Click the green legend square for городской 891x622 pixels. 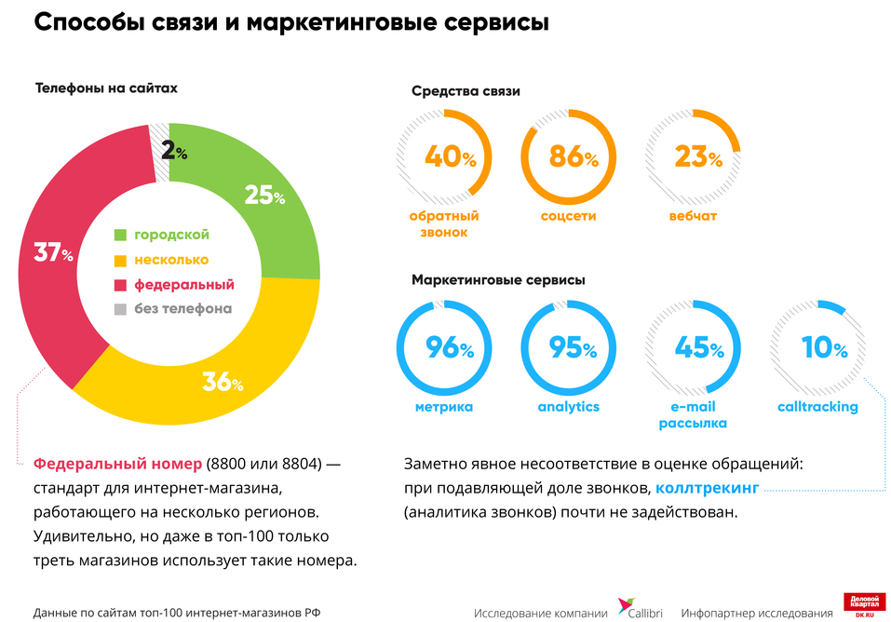[x=119, y=235]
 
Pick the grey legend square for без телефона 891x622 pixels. [x=119, y=309]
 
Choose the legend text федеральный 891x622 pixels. [x=183, y=285]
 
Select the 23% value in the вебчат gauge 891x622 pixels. [x=697, y=157]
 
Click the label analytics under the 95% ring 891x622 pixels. [x=568, y=407]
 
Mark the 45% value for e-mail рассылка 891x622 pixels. [x=697, y=349]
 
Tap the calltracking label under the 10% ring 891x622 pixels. [x=817, y=407]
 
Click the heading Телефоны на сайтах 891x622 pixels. [x=106, y=88]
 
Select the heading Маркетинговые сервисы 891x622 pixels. [x=499, y=279]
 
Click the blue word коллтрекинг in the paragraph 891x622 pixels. [x=708, y=487]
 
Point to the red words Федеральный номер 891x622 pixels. [x=117, y=463]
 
